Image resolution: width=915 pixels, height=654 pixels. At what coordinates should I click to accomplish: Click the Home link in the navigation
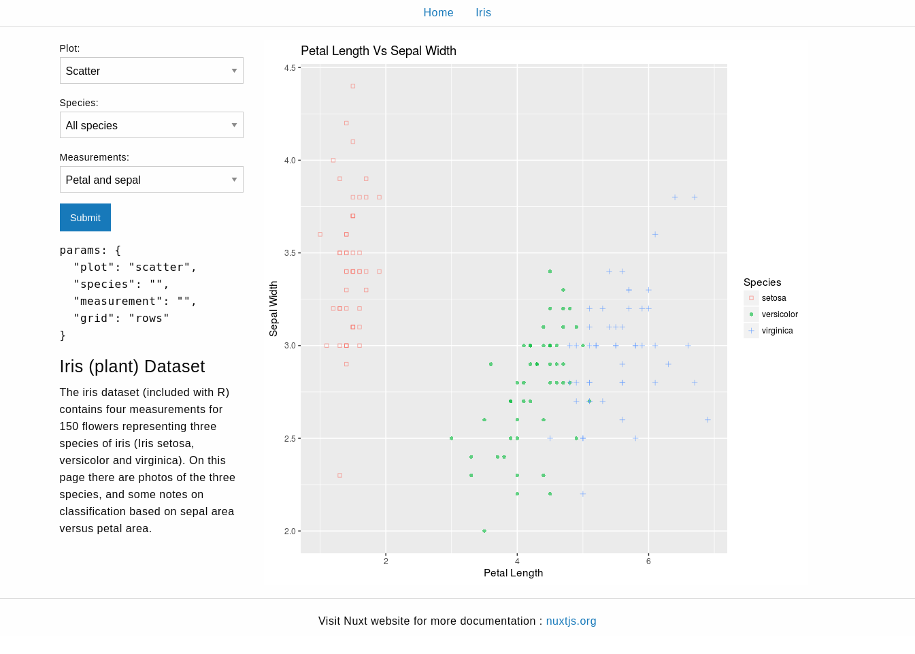(438, 13)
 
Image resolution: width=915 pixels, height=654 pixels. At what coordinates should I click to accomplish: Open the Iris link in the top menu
(483, 13)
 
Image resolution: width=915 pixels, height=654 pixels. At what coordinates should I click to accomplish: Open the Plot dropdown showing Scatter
(151, 71)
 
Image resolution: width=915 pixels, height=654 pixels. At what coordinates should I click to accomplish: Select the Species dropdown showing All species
(151, 125)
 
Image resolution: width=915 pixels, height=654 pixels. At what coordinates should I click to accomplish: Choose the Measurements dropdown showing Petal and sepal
(151, 180)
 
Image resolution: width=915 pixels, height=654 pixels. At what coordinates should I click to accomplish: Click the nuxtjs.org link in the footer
(571, 621)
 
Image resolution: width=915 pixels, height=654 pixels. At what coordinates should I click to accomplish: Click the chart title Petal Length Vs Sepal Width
(378, 51)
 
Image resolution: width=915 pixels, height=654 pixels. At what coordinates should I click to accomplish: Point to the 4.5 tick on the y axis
(290, 68)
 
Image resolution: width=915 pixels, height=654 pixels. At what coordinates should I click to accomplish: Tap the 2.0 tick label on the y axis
(290, 532)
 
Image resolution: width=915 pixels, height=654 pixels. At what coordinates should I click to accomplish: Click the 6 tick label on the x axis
(648, 561)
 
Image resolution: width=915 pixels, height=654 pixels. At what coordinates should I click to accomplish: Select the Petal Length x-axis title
(513, 573)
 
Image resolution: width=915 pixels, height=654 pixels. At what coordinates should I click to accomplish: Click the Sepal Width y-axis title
(273, 309)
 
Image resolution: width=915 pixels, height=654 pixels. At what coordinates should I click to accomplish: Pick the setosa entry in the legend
(773, 298)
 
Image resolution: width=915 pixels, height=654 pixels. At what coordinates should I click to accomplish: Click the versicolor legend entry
(780, 314)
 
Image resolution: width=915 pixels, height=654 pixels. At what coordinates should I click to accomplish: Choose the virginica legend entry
(777, 331)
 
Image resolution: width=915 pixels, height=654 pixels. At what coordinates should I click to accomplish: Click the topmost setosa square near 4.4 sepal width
(353, 86)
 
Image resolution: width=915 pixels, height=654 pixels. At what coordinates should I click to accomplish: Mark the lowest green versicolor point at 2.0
(484, 531)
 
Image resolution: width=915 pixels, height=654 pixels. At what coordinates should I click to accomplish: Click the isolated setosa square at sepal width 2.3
(339, 475)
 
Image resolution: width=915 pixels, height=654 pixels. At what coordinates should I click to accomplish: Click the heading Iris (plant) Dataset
(132, 367)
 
